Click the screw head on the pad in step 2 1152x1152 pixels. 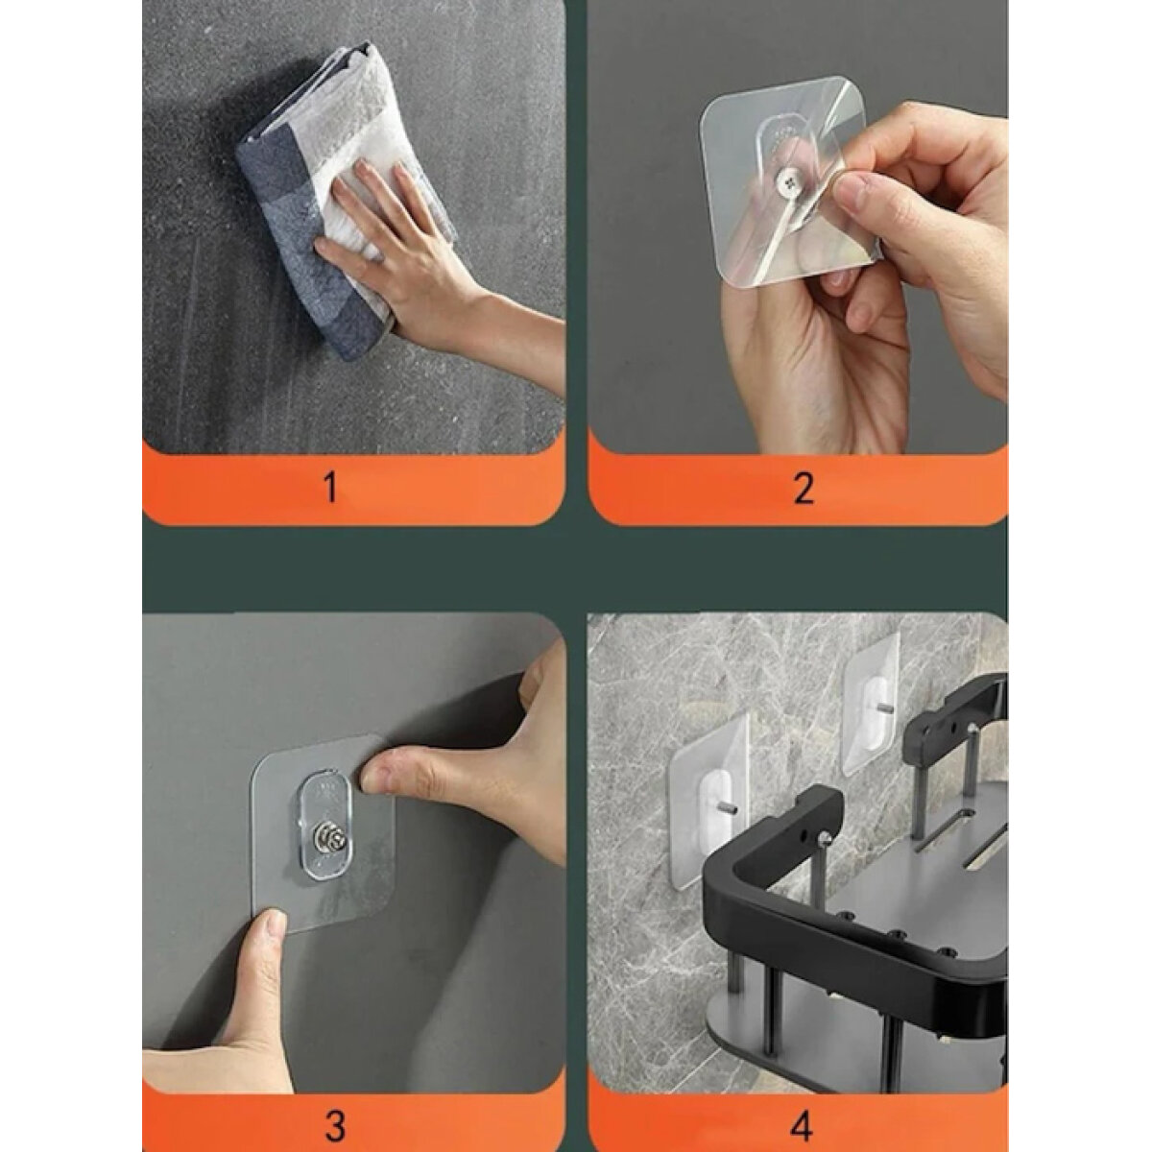(x=787, y=178)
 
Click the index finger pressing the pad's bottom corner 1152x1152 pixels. (x=263, y=956)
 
